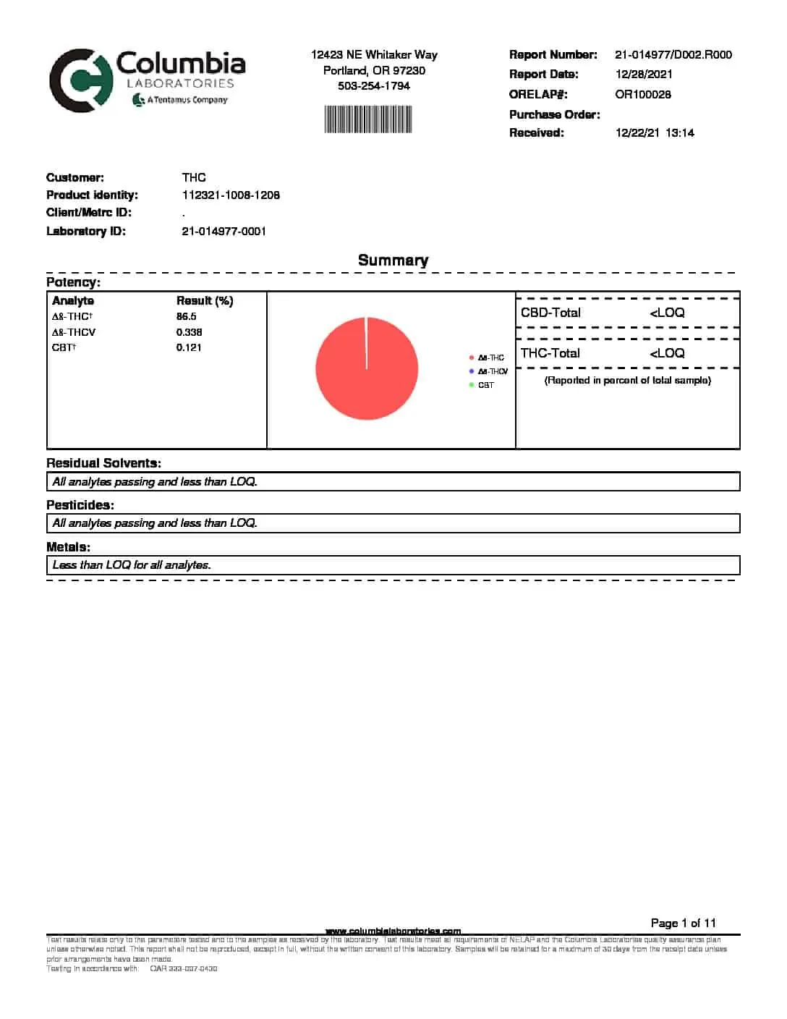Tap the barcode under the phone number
[368, 119]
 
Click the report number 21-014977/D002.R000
[673, 54]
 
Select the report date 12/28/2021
[644, 74]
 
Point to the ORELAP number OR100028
[642, 94]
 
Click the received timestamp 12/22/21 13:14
[655, 132]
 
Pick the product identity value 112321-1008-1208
[231, 195]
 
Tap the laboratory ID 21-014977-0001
[224, 231]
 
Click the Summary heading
[393, 260]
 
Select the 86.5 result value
[186, 316]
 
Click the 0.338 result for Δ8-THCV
[189, 332]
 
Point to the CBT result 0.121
[189, 347]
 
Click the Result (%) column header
[205, 300]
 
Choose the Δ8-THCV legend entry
[492, 371]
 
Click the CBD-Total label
[550, 313]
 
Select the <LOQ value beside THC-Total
[666, 353]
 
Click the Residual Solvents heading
[103, 463]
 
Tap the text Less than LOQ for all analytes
[132, 565]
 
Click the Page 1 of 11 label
[683, 923]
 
